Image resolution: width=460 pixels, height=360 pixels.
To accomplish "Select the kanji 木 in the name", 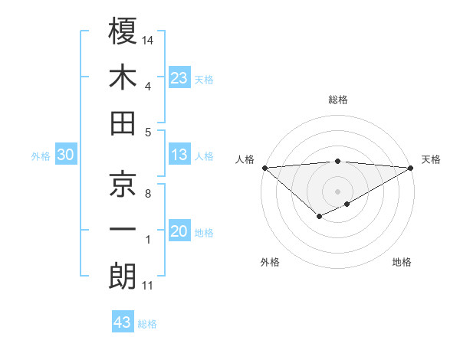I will coord(123,77).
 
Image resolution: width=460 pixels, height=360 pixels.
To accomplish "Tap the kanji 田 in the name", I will coord(123,123).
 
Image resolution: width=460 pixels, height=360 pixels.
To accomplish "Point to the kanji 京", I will coord(123,183).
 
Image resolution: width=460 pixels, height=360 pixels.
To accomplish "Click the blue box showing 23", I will coord(179,77).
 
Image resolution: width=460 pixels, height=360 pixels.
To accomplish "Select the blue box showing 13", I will coord(179,155).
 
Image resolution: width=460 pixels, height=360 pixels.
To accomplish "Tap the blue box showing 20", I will coord(179,232).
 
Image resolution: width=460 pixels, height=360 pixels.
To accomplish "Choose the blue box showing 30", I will coord(65,155).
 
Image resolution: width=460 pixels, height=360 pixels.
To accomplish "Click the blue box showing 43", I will coord(123,322).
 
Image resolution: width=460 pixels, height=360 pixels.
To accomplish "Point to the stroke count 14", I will coord(148,39).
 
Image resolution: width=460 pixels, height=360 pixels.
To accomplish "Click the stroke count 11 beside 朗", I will coord(148,286).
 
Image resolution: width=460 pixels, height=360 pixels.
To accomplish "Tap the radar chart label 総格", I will coord(338,100).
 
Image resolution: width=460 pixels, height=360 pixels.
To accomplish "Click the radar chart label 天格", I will coord(432,159).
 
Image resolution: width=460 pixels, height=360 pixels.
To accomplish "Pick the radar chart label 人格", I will coord(244,159).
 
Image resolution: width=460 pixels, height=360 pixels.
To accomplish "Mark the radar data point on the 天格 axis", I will coord(411,168).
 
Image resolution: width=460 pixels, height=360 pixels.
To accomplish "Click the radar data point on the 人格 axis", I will coord(264,168).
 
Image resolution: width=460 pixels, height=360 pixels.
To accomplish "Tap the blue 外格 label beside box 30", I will coord(41,156).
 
